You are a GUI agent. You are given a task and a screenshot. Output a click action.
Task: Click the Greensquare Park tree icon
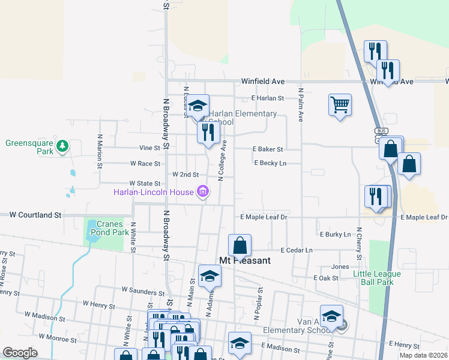[x=61, y=146]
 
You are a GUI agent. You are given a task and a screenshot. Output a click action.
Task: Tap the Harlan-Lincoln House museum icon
[x=203, y=192]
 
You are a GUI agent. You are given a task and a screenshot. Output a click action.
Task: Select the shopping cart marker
[x=340, y=105]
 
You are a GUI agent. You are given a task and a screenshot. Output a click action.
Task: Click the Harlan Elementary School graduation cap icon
[x=197, y=106]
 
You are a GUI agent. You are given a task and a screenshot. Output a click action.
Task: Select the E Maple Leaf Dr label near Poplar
[x=264, y=217]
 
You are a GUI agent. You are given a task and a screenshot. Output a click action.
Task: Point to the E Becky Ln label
[x=270, y=163]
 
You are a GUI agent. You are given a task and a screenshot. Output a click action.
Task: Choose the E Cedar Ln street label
[x=297, y=250]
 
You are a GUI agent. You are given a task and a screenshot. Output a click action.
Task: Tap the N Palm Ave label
[x=300, y=106]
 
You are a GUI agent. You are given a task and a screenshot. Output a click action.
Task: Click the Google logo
[x=20, y=353]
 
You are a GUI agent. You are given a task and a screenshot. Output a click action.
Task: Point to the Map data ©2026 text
[x=423, y=355]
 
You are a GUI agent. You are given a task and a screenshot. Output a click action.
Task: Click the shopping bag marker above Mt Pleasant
[x=240, y=245]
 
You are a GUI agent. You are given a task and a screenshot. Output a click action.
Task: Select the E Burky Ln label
[x=335, y=234]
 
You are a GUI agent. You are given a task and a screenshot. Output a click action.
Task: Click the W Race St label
[x=145, y=163]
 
